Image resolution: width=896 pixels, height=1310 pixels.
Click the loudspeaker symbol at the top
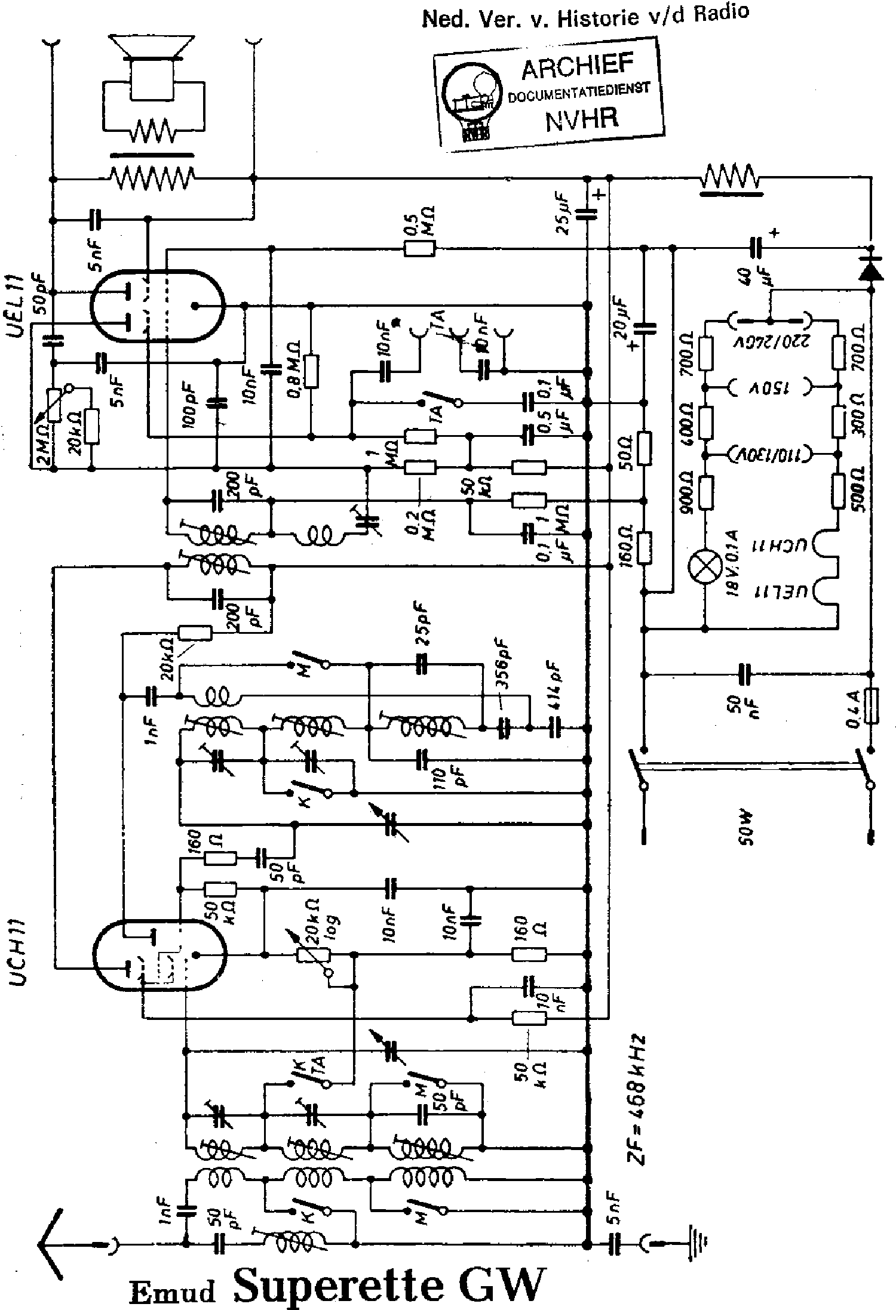click(x=154, y=69)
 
